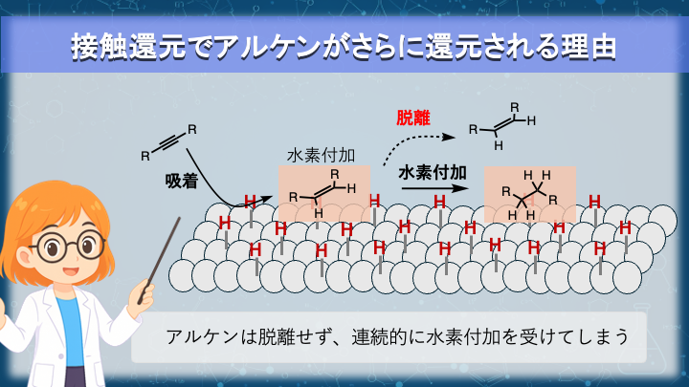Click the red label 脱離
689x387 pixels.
pyautogui.click(x=413, y=119)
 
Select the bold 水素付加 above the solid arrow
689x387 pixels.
pyautogui.click(x=431, y=173)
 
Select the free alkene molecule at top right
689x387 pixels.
pyautogui.click(x=502, y=125)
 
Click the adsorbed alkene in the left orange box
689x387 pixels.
pyautogui.click(x=323, y=188)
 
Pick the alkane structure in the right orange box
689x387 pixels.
pyautogui.click(x=529, y=194)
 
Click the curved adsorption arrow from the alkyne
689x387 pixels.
pyautogui.click(x=204, y=177)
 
